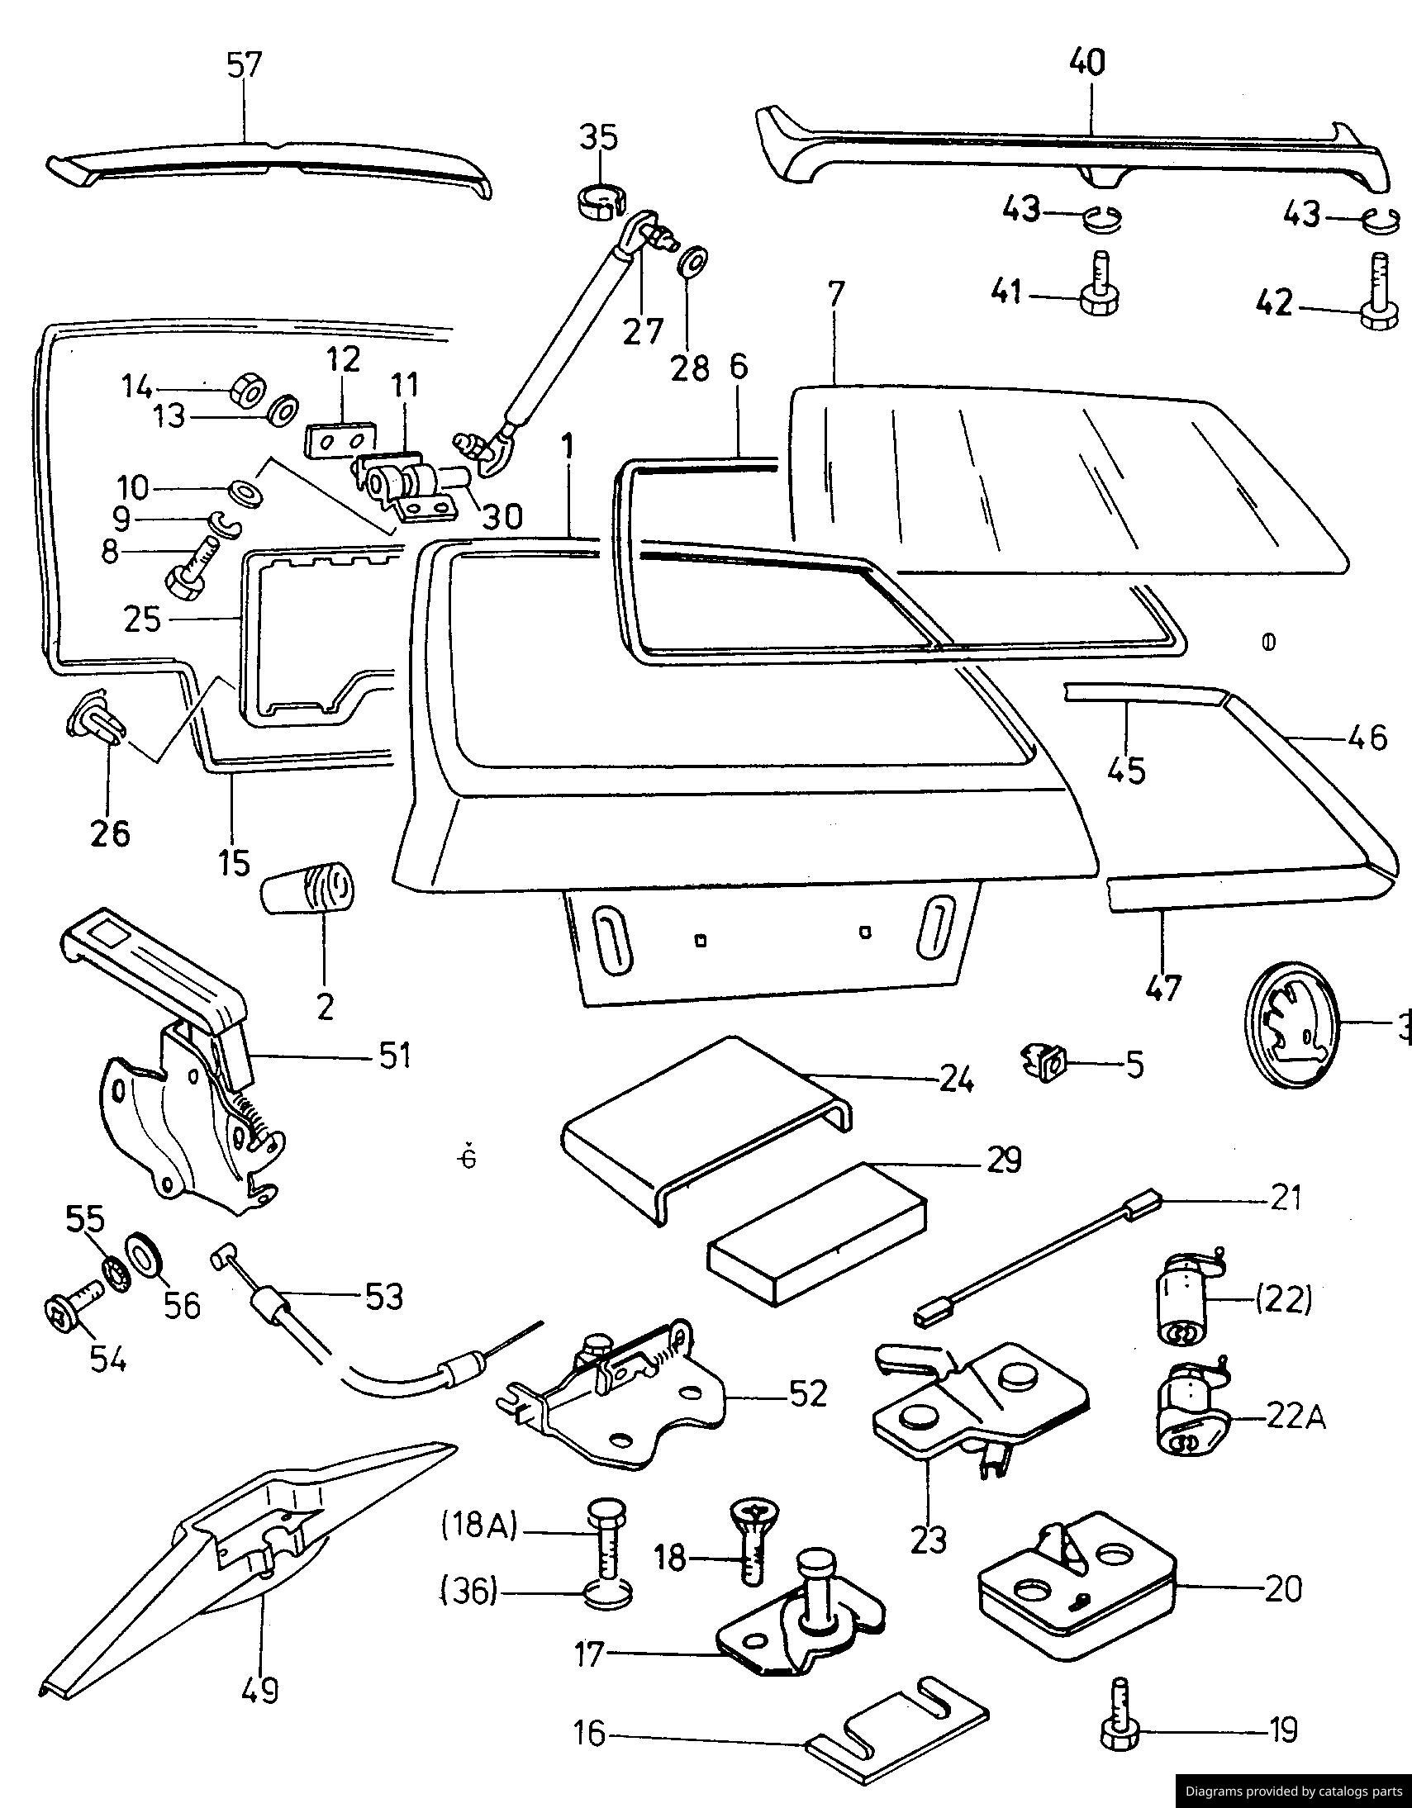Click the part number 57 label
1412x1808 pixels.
tap(245, 64)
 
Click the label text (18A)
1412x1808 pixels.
tap(478, 1525)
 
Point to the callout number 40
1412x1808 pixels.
tap(1086, 63)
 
